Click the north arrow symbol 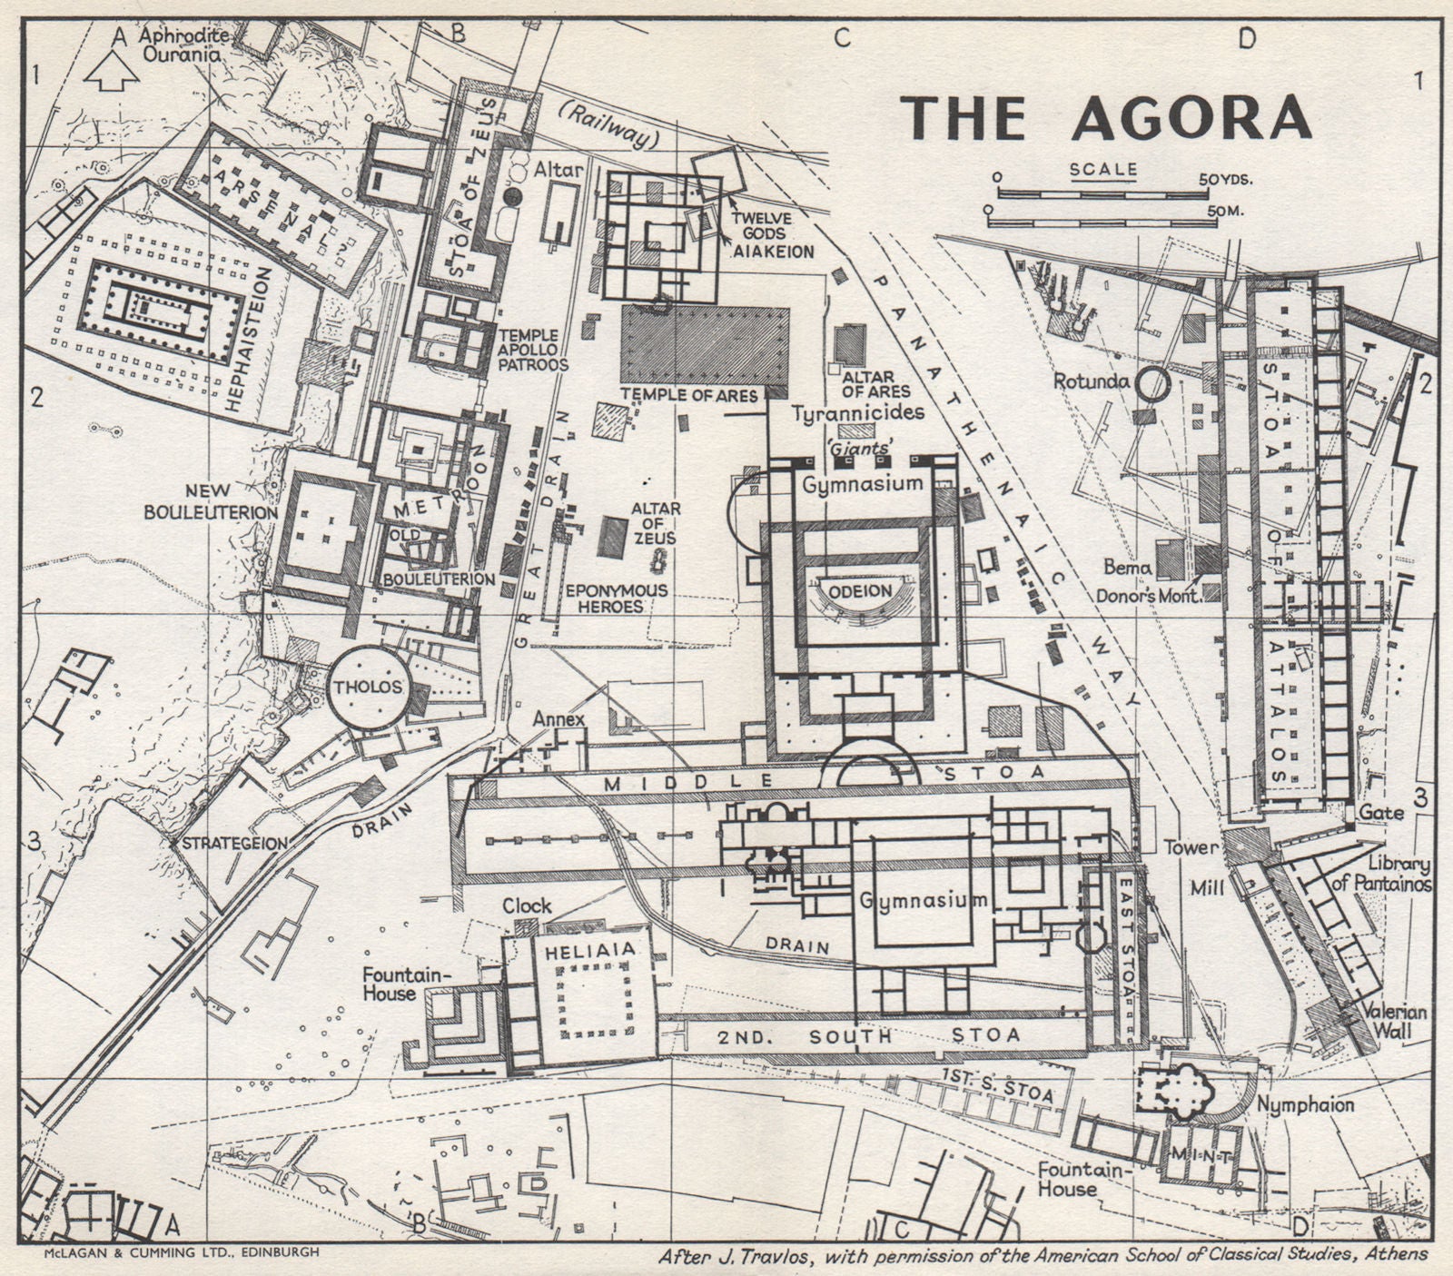point(110,72)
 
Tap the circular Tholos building point(367,687)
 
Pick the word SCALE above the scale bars point(1102,169)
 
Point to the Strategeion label point(235,843)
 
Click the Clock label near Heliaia point(527,905)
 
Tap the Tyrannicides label point(857,413)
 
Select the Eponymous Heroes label point(616,598)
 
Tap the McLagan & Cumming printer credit point(181,1253)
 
